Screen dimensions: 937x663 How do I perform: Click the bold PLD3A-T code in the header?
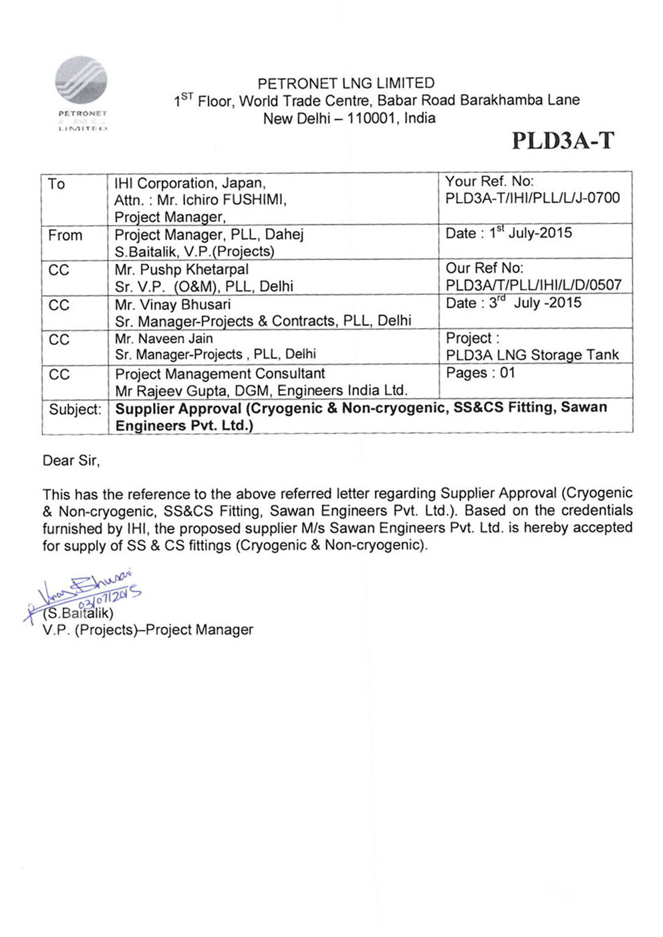562,140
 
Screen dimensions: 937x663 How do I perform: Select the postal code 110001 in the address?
370,118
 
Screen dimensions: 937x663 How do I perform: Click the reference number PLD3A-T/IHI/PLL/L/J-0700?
533,198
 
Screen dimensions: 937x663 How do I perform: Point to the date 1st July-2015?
530,233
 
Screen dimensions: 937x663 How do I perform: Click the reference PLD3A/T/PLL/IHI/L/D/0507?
533,285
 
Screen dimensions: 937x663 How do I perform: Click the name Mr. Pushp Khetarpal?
181,269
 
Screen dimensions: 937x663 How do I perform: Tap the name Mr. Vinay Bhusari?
172,304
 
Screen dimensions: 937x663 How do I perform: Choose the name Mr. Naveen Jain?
164,339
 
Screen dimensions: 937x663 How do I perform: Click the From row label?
65,235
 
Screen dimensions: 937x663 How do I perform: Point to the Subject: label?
75,409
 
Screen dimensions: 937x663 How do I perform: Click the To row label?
56,184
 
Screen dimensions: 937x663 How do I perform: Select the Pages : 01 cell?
481,373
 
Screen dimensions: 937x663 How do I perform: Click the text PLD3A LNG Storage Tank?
532,355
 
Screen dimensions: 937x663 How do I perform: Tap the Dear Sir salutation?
71,460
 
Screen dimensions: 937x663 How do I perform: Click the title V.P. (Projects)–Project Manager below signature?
148,630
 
